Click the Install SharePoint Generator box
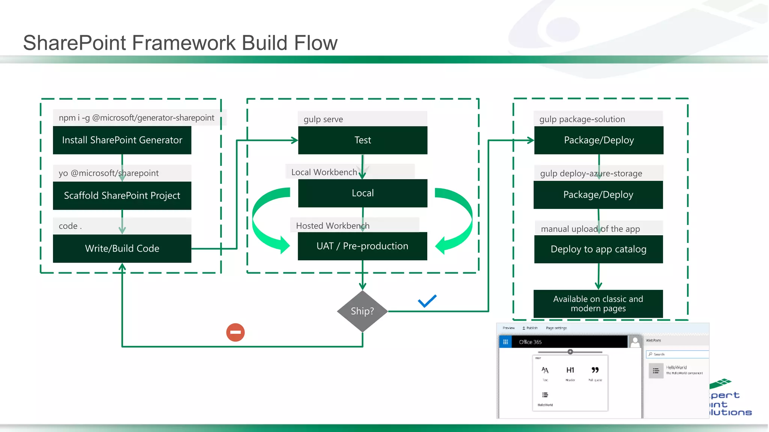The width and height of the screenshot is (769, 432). [x=122, y=140]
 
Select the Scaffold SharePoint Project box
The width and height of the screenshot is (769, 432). [x=122, y=195]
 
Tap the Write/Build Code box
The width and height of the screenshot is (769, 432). [x=122, y=248]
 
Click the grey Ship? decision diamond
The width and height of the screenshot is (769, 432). [x=362, y=311]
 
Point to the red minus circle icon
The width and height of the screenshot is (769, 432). [x=235, y=332]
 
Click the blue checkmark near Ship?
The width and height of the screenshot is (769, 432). [x=427, y=301]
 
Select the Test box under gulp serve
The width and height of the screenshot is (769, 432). [x=362, y=140]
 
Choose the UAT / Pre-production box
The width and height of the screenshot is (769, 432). [x=362, y=246]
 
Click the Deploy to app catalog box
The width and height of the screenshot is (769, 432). [x=598, y=249]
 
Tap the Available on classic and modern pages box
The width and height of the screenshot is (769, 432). [x=598, y=304]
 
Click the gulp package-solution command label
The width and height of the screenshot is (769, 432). [x=582, y=119]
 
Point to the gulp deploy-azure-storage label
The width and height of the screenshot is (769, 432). [x=591, y=173]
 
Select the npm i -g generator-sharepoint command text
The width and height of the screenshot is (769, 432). [x=136, y=118]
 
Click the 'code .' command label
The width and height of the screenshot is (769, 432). [x=70, y=226]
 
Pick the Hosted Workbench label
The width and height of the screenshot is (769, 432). [x=333, y=226]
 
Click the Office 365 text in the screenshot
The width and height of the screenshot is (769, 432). [x=530, y=342]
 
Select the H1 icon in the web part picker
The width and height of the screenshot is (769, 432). [x=570, y=370]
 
